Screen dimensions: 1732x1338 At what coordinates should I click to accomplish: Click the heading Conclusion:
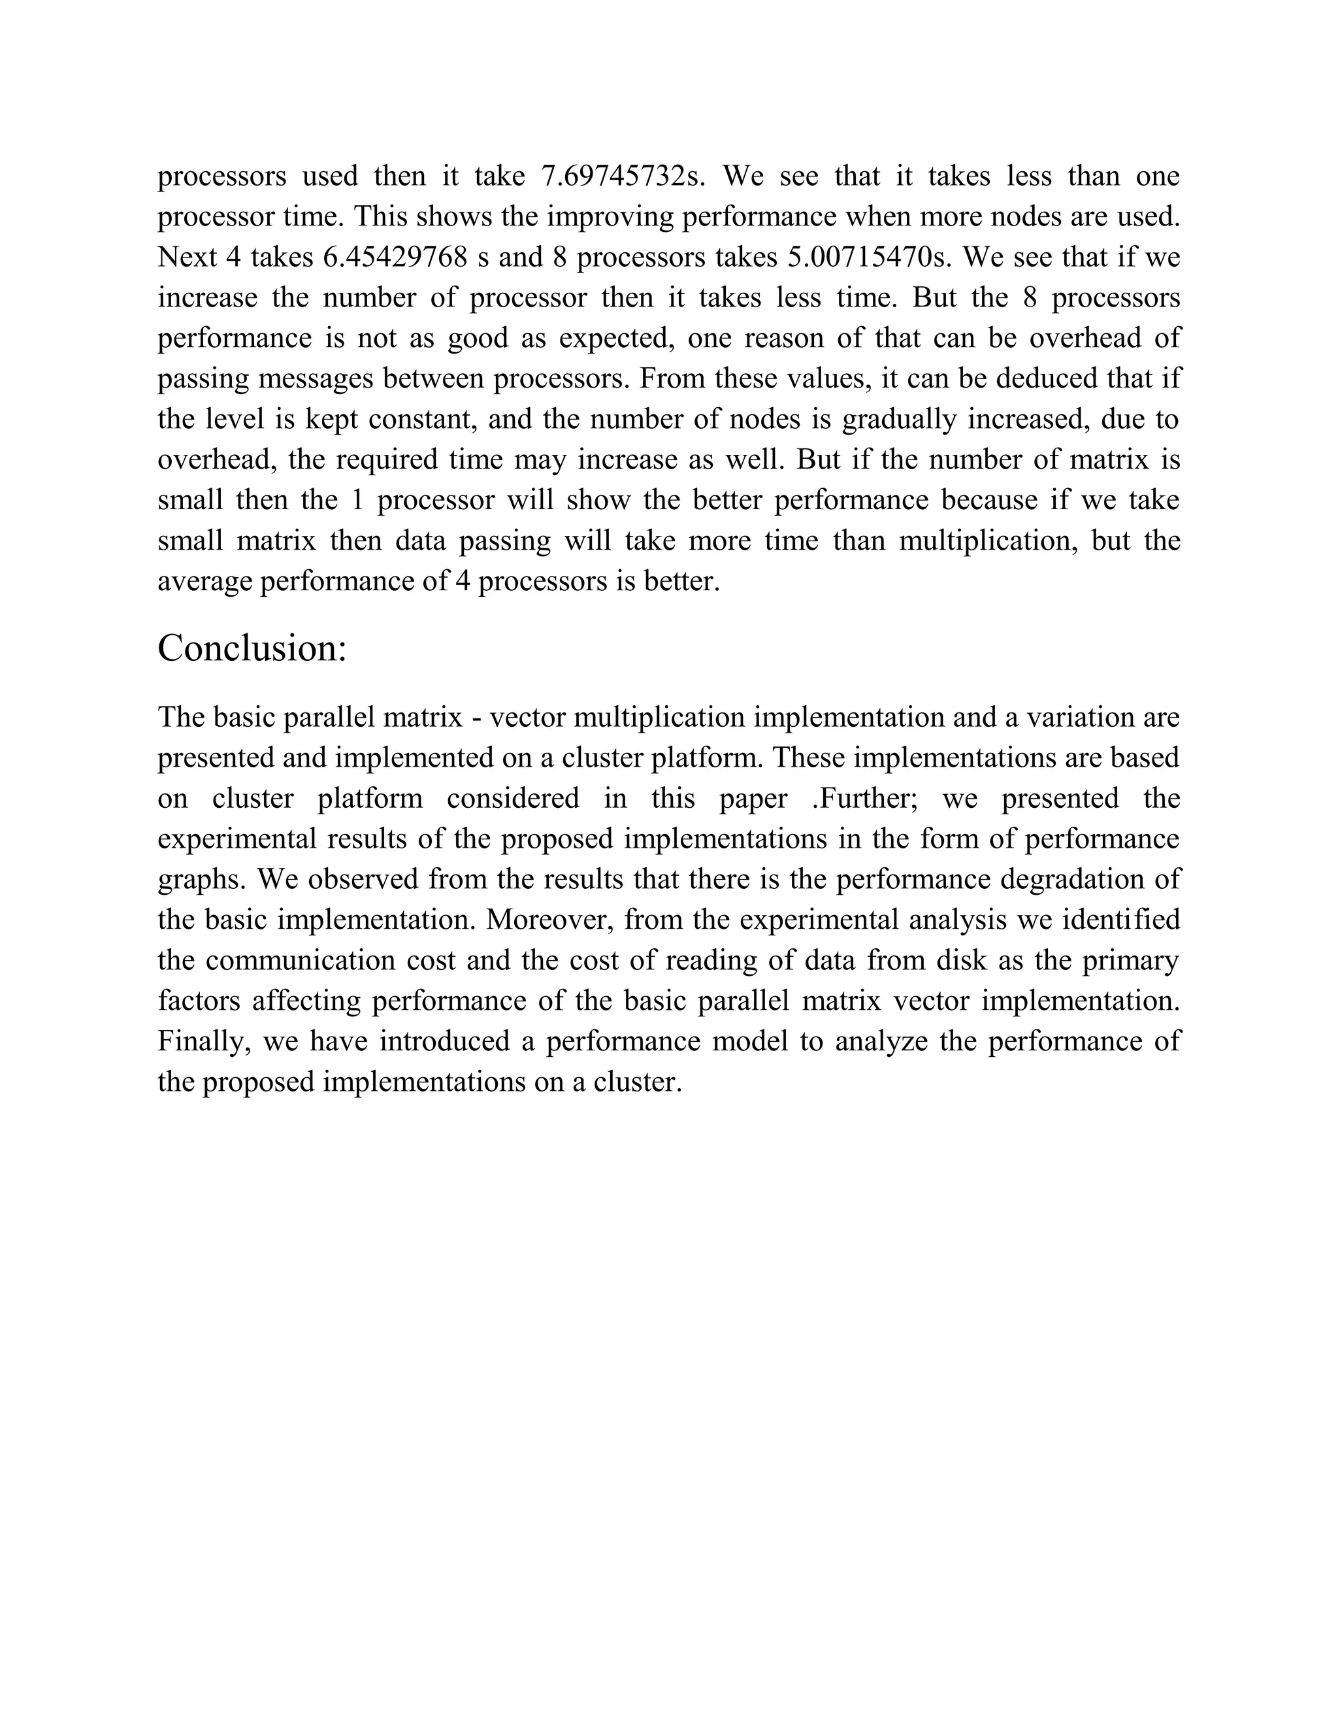coord(252,649)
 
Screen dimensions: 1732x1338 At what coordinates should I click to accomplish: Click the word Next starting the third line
coord(187,257)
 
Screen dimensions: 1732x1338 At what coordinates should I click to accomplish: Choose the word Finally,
coord(204,1041)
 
